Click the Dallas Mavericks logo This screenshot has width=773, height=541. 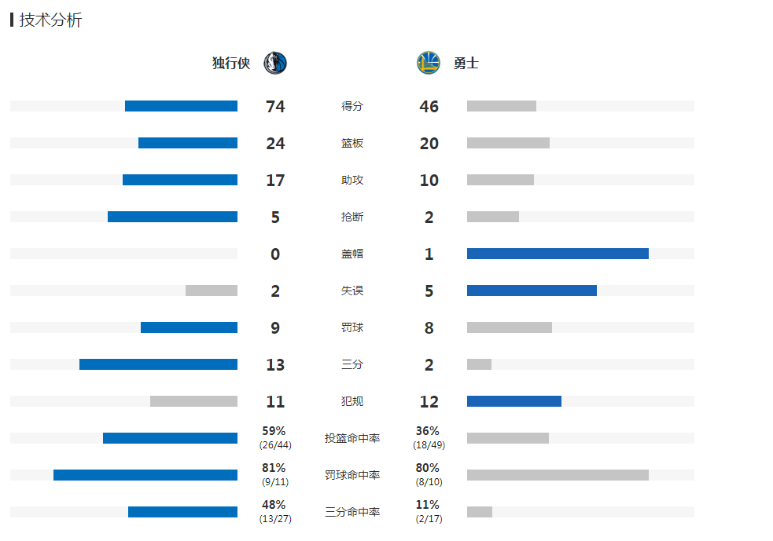(x=275, y=63)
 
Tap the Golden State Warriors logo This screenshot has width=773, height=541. (x=429, y=63)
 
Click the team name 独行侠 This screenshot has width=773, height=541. (x=231, y=64)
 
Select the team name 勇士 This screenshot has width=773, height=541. (x=466, y=64)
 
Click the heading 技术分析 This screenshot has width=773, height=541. (x=50, y=20)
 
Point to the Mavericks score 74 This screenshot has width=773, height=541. (x=275, y=107)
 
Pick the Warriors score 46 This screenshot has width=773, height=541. (x=429, y=107)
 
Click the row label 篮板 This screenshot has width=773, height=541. (x=352, y=144)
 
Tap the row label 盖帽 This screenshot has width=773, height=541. (x=352, y=254)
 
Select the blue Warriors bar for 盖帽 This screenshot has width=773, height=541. (x=558, y=254)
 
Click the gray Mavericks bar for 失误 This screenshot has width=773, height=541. (x=212, y=291)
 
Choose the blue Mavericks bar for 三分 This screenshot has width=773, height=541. (x=158, y=364)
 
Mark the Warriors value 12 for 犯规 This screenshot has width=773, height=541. (x=429, y=402)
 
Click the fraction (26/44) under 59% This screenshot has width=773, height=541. (x=274, y=445)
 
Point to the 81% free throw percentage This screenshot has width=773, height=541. (x=274, y=468)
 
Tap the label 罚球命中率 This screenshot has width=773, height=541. (x=352, y=475)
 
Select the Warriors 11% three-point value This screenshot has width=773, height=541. (x=428, y=505)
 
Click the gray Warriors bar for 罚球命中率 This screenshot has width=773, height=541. (x=558, y=475)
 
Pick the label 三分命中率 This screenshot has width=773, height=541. (x=352, y=512)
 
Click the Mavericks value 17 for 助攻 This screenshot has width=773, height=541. (x=275, y=181)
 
